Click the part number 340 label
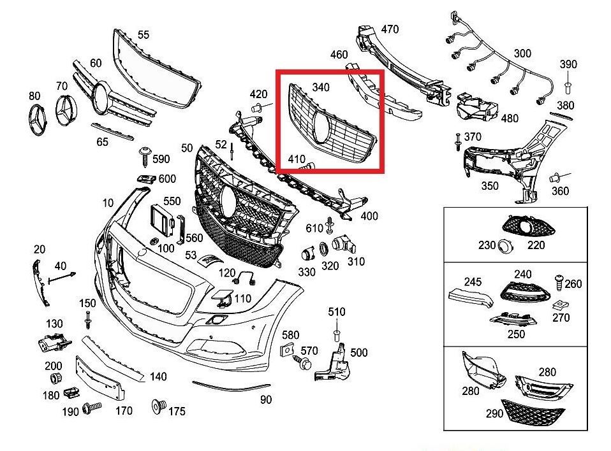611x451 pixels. [321, 87]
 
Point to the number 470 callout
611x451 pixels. [390, 29]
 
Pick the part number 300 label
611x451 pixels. [522, 54]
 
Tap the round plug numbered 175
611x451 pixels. [156, 405]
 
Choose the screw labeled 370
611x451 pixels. [458, 141]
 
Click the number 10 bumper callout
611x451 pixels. [107, 203]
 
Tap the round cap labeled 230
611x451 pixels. [506, 244]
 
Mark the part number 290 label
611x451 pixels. [494, 413]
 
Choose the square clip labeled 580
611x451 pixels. [286, 348]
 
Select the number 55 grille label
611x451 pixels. [144, 35]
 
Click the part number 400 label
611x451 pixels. [369, 216]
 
